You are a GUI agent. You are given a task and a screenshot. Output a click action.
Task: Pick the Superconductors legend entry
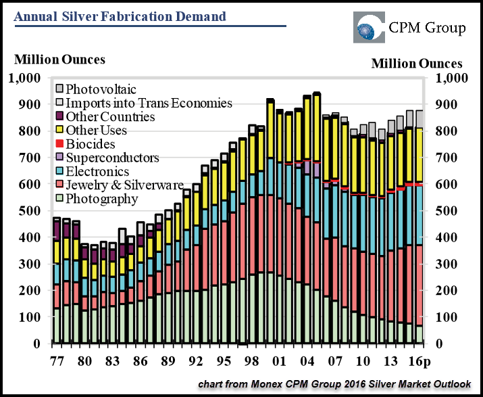(112, 158)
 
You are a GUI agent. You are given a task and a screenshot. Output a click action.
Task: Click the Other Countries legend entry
(110, 117)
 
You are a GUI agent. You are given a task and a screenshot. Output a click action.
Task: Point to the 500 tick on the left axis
(28, 211)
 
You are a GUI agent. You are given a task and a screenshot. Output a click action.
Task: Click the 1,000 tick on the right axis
(451, 78)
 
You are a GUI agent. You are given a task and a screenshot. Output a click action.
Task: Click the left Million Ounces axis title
(60, 60)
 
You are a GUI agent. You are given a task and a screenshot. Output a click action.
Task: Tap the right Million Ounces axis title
(417, 64)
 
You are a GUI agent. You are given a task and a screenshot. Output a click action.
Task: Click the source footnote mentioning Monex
(334, 384)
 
